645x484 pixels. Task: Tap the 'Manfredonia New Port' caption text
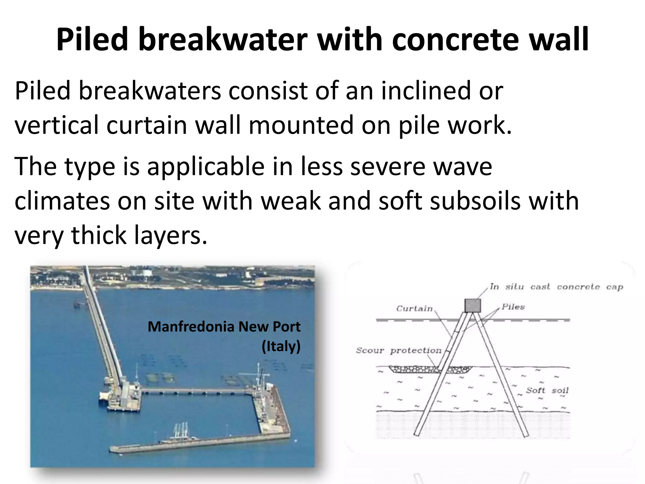(x=224, y=326)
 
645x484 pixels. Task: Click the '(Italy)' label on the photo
(x=281, y=346)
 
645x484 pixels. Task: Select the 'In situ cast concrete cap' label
(x=556, y=287)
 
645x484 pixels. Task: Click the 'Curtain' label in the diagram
(x=414, y=308)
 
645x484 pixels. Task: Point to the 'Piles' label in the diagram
(x=513, y=307)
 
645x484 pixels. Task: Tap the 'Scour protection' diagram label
(x=399, y=350)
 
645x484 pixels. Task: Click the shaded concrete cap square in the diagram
(x=473, y=305)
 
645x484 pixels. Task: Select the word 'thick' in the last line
(x=98, y=235)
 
